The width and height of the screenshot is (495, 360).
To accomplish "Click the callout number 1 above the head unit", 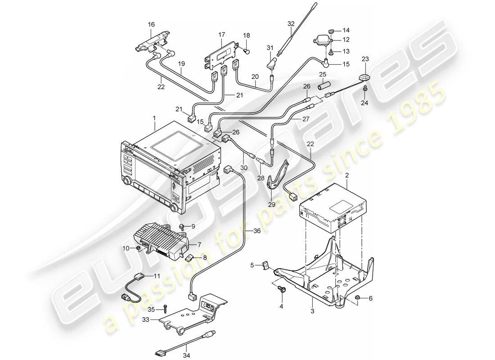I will [154, 117].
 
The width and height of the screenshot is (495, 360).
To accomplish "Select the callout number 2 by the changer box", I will [347, 175].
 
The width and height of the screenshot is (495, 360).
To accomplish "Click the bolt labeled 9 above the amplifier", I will [181, 225].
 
